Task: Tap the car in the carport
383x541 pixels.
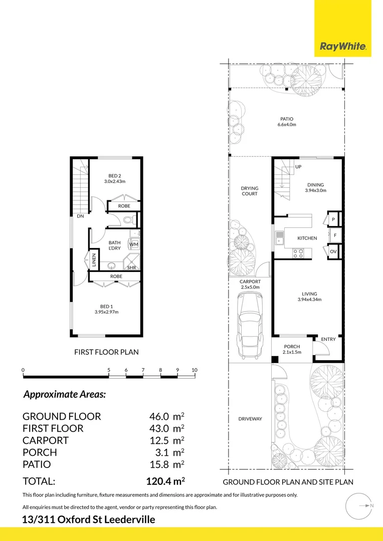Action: tap(250, 325)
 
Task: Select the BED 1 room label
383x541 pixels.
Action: tap(107, 309)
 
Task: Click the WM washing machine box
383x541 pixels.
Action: tap(134, 244)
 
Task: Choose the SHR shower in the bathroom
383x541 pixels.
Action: tap(132, 262)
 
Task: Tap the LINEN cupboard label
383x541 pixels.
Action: tap(94, 260)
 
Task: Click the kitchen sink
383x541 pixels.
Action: tap(279, 238)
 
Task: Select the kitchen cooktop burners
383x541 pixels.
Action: tap(298, 253)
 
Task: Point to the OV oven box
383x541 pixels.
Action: tap(333, 251)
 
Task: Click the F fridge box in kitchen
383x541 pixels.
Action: tap(335, 235)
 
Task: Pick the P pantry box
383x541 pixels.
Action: tap(333, 219)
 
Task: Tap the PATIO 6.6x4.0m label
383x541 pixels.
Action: tap(287, 122)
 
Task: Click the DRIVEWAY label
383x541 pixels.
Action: tap(250, 419)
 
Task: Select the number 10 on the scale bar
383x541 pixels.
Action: tap(195, 370)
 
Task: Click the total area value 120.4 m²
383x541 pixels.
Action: tap(165, 481)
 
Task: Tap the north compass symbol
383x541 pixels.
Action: tap(359, 506)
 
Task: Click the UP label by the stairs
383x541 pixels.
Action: tap(298, 167)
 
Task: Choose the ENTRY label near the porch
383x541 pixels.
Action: tap(328, 339)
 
